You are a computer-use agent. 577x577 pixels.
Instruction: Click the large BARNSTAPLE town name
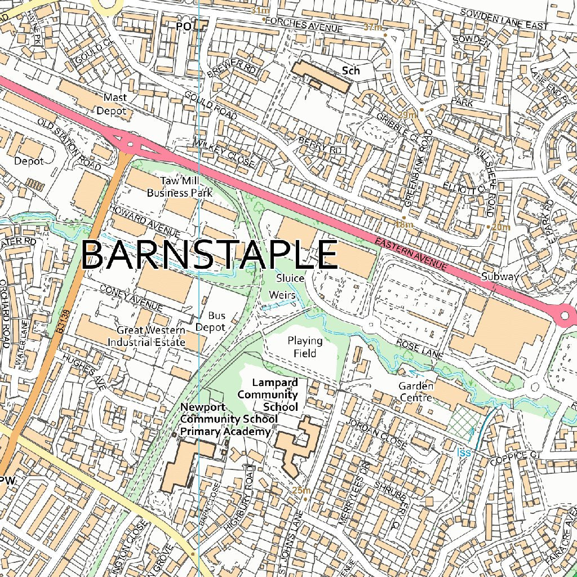pos(209,255)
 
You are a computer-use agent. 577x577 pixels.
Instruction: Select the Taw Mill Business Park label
pos(179,187)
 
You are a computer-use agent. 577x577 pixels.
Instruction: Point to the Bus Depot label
pos(217,322)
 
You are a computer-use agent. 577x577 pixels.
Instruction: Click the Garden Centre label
pos(416,392)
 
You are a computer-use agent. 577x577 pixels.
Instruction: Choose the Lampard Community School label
pos(268,394)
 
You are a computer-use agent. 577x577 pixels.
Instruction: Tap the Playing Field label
pos(305,347)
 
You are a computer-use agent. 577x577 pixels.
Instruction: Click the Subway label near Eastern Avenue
pos(499,277)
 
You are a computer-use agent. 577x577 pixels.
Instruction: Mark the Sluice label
pos(290,278)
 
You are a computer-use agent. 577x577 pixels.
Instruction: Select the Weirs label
pos(282,295)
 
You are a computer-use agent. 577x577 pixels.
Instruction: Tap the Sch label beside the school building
pos(350,71)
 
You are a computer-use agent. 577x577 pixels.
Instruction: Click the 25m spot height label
pos(301,490)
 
